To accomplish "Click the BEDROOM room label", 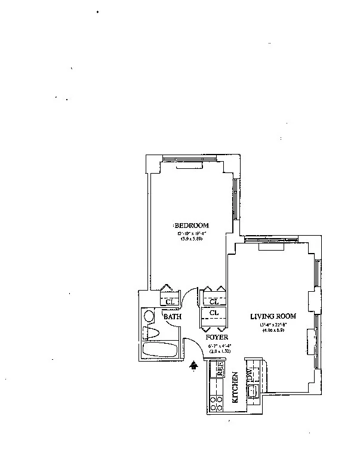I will [x=192, y=225].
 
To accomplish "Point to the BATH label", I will [x=173, y=317].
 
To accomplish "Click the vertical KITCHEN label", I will [x=235, y=388].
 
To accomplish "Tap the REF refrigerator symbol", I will [x=219, y=368].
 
